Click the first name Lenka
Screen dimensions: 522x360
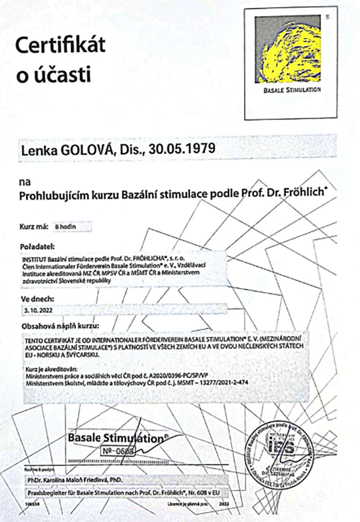(37, 149)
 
